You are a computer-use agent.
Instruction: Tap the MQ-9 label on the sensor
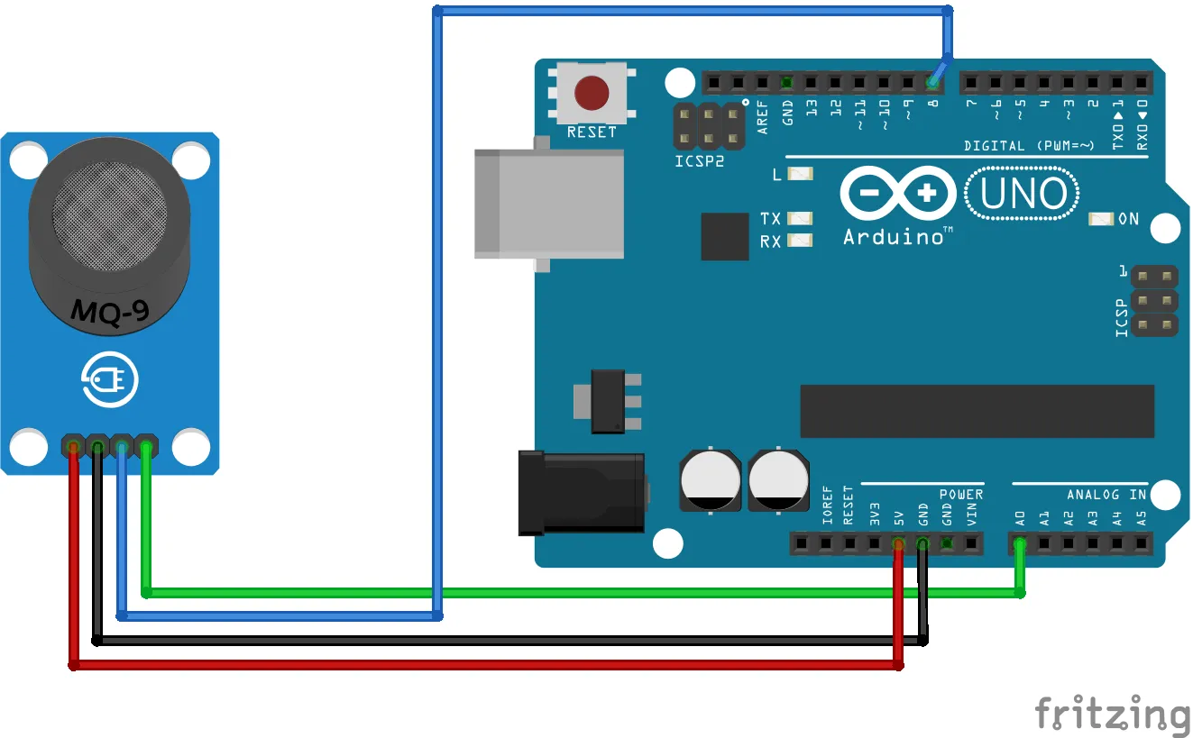pos(110,312)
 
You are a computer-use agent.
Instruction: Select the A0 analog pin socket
pos(1020,543)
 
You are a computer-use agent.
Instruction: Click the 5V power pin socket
pos(898,543)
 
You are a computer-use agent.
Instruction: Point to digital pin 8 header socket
pos(932,83)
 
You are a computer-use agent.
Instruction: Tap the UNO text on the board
pos(1022,194)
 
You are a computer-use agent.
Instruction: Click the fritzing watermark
pos(1112,715)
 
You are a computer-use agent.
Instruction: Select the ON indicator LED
pos(1101,219)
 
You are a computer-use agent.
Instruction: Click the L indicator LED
pos(800,174)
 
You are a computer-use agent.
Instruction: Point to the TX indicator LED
pos(800,218)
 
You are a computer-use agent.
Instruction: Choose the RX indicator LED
pos(800,241)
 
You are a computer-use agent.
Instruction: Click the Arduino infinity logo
pos(898,194)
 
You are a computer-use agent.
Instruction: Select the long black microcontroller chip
pos(977,411)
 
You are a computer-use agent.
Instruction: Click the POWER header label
pos(960,495)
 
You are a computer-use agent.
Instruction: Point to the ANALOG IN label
pos(1106,495)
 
